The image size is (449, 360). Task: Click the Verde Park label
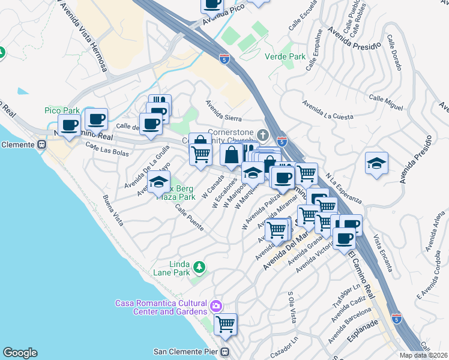coord(285,57)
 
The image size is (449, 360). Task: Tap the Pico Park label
coord(58,110)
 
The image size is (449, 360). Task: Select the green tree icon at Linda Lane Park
coord(199,266)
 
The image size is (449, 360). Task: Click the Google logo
coord(20,353)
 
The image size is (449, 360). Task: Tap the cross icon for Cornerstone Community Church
coord(262,133)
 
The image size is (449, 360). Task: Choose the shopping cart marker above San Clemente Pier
coord(226,324)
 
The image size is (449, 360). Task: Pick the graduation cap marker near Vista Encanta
coord(376,163)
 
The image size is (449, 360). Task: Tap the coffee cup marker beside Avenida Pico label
coord(212,4)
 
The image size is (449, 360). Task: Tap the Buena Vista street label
coord(113,211)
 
